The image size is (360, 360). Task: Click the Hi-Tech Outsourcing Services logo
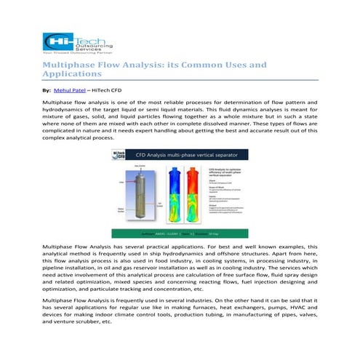coord(71,44)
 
